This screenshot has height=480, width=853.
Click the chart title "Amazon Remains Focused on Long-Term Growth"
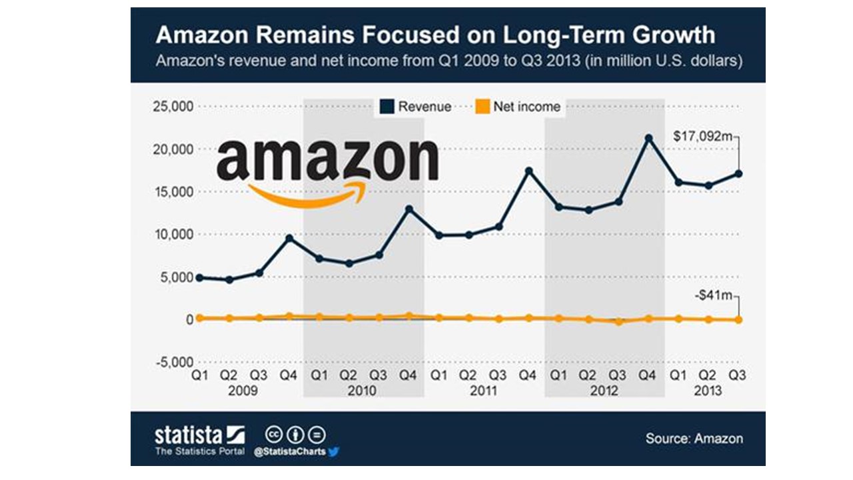coord(435,35)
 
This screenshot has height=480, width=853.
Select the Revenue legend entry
coord(417,107)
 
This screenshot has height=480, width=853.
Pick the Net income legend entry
coord(518,107)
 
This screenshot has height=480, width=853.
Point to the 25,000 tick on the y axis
coord(173,107)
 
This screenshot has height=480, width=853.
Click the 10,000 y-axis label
coord(173,235)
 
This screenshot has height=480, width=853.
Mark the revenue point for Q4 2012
coord(648,139)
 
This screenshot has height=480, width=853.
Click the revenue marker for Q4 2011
coord(529,171)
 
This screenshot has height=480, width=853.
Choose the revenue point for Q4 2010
coord(409,209)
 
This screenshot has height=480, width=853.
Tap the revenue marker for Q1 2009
coord(199,277)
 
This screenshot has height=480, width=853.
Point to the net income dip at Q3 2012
coord(619,321)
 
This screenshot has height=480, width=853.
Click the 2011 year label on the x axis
coord(483,391)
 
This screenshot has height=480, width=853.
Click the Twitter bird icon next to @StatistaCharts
coord(334,451)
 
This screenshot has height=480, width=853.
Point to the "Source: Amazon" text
coord(694,438)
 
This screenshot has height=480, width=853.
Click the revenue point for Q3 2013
coord(738,174)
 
